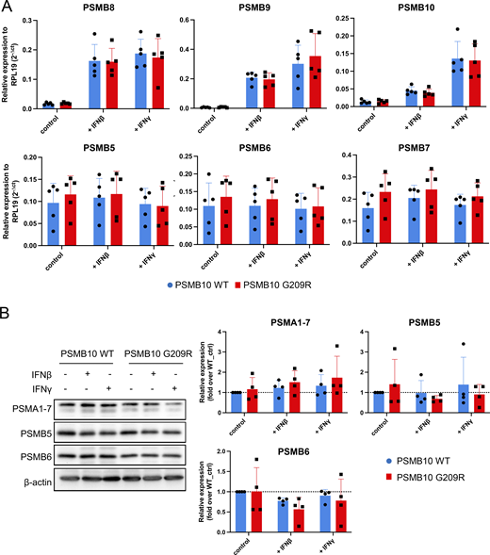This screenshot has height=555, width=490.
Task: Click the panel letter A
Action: [8, 8]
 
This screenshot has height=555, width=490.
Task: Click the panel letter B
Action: [8, 307]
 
